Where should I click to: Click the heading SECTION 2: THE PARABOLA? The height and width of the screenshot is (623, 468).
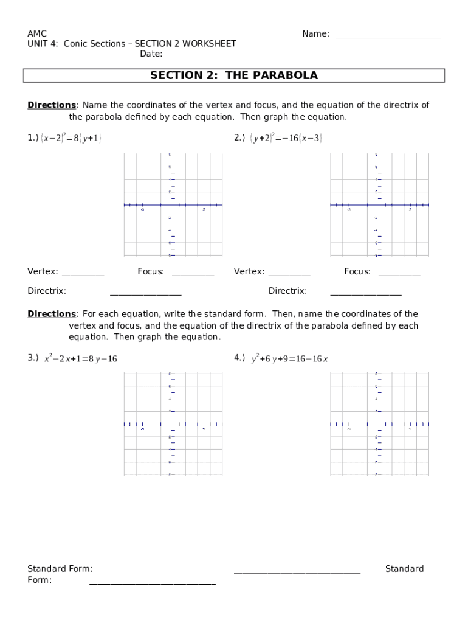point(234,75)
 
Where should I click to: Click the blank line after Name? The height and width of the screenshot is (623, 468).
point(388,35)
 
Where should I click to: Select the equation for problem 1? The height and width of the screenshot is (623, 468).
point(71,138)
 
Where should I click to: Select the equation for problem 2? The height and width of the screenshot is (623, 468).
point(286,138)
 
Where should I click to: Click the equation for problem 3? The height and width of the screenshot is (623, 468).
point(80,359)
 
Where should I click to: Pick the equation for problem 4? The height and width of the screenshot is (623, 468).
point(289,359)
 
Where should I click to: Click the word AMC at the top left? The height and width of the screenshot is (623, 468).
point(37,33)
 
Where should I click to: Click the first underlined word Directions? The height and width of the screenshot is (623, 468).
point(51,105)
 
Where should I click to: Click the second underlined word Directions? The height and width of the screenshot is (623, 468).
point(51,314)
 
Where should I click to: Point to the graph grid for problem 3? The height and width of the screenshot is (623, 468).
point(173,423)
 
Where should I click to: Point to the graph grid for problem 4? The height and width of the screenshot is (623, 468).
point(379,423)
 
